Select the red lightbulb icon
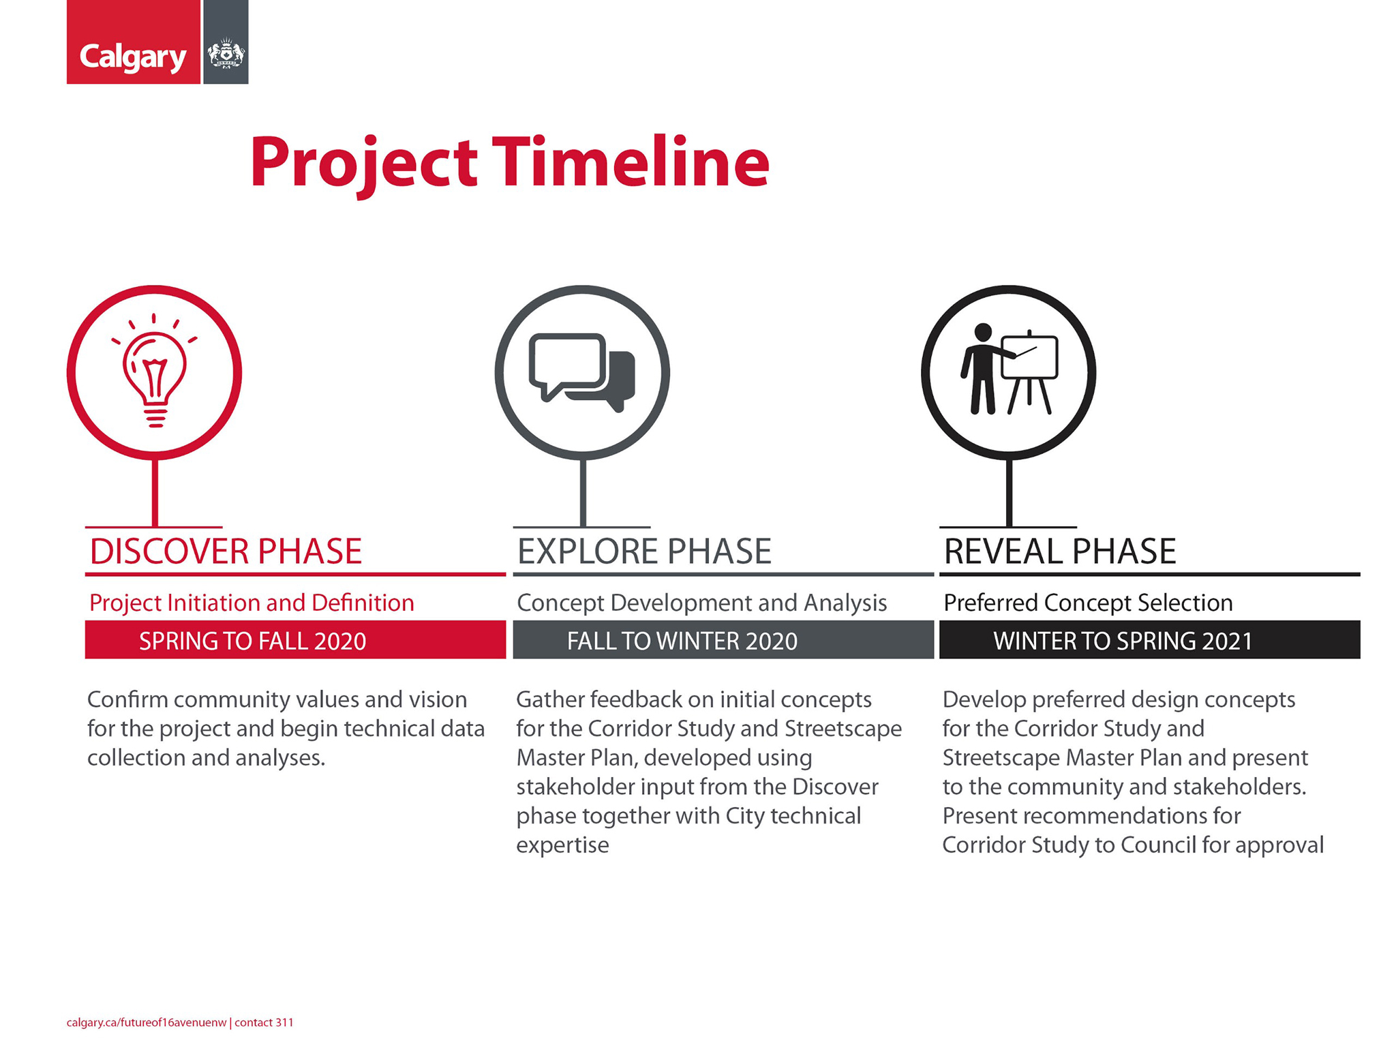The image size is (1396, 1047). [x=155, y=371]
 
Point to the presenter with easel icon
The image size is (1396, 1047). [x=1009, y=369]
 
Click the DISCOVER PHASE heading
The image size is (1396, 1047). [x=226, y=551]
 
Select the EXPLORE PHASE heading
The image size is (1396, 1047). [x=644, y=551]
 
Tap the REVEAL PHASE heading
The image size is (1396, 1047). [x=1060, y=551]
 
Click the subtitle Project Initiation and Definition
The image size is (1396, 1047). [x=252, y=603]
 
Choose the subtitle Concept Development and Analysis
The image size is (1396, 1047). [x=702, y=603]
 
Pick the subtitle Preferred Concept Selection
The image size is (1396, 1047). [x=1088, y=603]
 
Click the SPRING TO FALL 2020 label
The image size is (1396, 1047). [x=253, y=641]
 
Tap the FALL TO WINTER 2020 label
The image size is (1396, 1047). [x=682, y=641]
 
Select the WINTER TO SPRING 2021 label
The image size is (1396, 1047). [x=1123, y=641]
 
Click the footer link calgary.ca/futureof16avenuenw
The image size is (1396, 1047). [x=147, y=1022]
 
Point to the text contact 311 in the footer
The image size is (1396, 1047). [x=264, y=1022]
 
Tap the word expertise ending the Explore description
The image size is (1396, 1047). [x=562, y=846]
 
